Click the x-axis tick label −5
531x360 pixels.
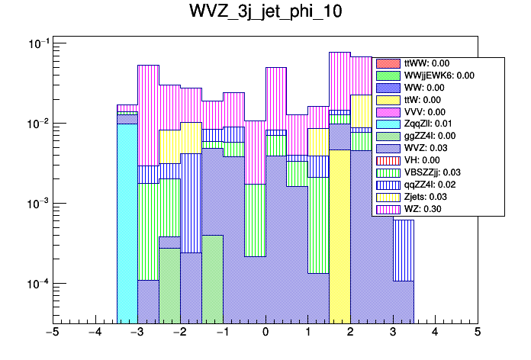click(x=53, y=333)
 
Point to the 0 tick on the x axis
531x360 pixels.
click(x=265, y=333)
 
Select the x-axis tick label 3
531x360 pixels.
click(x=393, y=333)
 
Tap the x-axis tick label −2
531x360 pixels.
click(x=180, y=333)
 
